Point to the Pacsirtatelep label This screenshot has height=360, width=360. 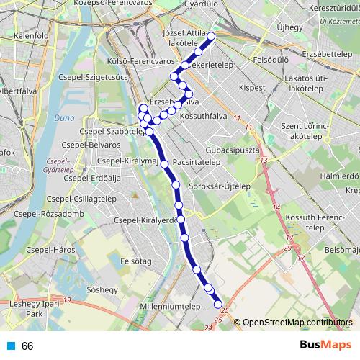click(x=197, y=163)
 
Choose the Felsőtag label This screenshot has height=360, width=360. click(x=135, y=261)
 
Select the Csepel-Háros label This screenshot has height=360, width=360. click(x=53, y=251)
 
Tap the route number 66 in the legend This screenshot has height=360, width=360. click(x=27, y=346)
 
